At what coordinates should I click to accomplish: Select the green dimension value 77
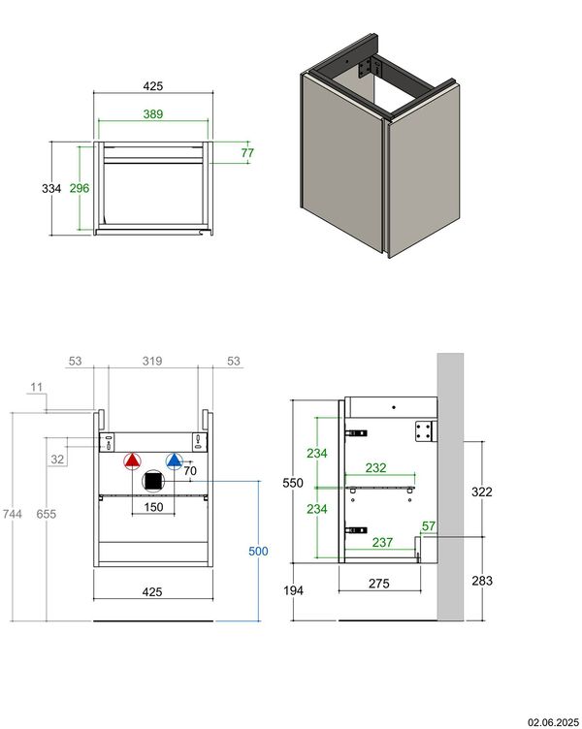coord(246,153)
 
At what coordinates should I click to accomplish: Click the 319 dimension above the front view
coord(151,362)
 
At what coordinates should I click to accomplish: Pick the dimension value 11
coord(37,388)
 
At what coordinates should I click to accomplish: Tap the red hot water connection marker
coord(133,461)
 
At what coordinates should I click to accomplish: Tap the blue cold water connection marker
coord(175,461)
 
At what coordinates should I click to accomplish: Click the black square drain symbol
coord(152,481)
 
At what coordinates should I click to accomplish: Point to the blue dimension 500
coord(257,551)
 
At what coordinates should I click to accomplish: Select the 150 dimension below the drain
coord(153,506)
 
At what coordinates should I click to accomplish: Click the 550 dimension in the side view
coord(293,482)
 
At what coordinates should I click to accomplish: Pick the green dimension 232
coord(376,468)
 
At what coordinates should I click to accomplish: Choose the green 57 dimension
coord(428,525)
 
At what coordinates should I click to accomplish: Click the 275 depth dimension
coord(378,584)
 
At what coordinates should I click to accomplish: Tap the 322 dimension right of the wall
coord(481,491)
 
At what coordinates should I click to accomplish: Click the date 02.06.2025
coord(552,721)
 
